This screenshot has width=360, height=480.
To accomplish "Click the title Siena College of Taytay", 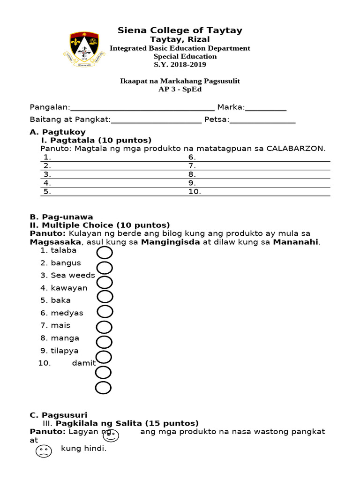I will [180, 30].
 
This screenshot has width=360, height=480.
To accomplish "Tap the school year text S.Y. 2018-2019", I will [180, 65].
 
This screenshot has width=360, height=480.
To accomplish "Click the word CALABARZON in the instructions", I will [295, 149].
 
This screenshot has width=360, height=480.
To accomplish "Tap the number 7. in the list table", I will [192, 166].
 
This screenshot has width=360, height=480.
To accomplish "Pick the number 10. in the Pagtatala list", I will [195, 192].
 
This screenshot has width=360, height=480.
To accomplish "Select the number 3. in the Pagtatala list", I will [47, 174].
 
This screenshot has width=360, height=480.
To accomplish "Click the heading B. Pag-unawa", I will [61, 217].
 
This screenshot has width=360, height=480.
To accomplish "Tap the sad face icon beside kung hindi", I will [44, 451].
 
